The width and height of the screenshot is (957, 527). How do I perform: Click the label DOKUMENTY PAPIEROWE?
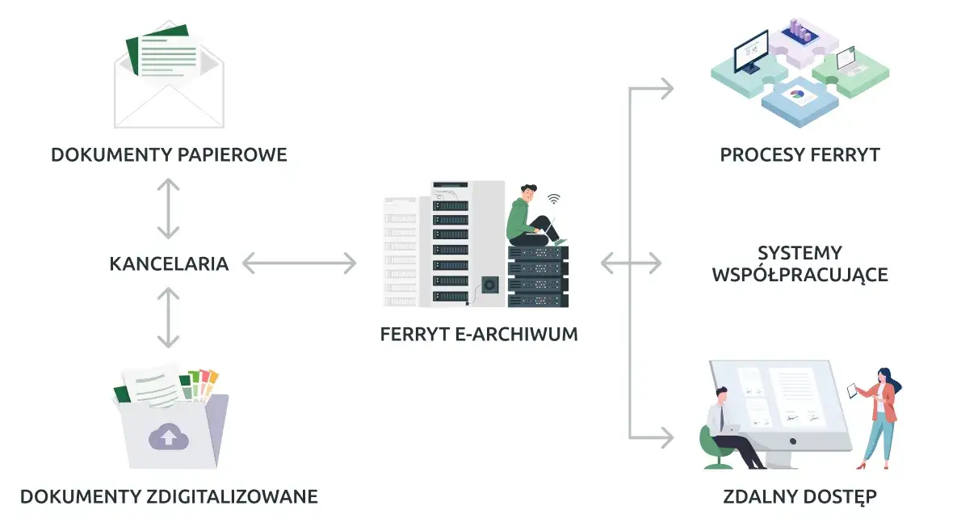tap(169, 154)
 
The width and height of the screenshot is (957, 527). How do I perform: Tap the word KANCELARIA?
tap(169, 263)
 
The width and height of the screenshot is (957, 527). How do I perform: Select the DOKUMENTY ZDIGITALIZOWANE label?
tap(169, 495)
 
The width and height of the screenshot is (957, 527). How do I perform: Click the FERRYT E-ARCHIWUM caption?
tap(479, 334)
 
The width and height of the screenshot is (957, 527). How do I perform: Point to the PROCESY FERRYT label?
tap(800, 154)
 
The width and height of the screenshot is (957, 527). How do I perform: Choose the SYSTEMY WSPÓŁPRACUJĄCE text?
tap(800, 264)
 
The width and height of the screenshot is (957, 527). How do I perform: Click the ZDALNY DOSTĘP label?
tap(800, 495)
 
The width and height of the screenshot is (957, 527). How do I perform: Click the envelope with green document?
tap(168, 77)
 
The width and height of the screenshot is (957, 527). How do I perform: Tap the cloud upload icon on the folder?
tap(167, 437)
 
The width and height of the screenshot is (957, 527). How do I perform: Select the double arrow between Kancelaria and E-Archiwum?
tap(299, 263)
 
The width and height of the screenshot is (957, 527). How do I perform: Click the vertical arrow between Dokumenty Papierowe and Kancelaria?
tap(168, 209)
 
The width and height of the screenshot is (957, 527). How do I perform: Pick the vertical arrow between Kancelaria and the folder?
tap(168, 317)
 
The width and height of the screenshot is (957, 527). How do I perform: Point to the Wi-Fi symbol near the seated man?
tap(553, 197)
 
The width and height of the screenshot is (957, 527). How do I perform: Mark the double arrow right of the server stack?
tap(632, 263)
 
